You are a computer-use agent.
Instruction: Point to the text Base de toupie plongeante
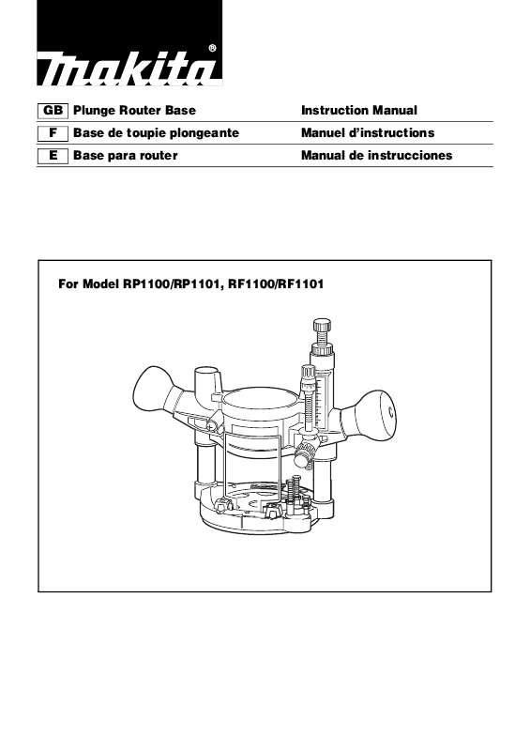156,133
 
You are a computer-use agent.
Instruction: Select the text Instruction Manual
358,111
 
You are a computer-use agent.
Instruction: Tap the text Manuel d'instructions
368,133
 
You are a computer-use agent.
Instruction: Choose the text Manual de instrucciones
376,155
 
